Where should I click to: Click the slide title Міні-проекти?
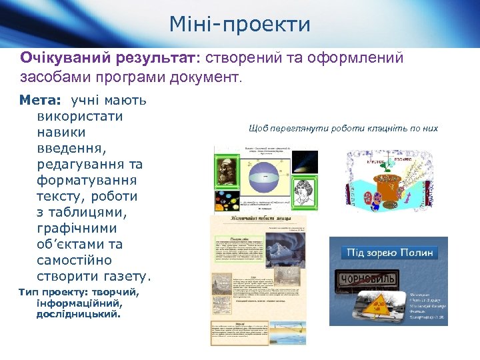tap(239, 25)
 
